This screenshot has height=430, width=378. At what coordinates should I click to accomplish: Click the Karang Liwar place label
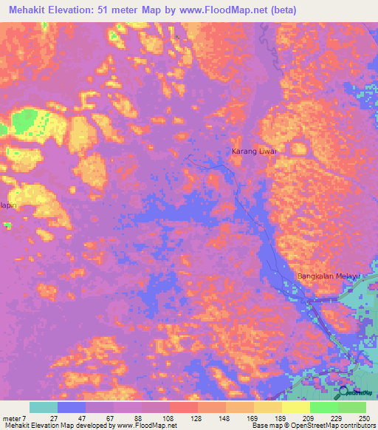[253, 151]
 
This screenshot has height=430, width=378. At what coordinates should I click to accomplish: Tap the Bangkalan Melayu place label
[327, 276]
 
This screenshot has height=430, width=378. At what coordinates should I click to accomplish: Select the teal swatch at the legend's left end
[44, 407]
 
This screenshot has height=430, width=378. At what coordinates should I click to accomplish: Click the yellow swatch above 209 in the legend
[296, 407]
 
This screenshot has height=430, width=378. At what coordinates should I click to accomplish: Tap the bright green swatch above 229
[324, 407]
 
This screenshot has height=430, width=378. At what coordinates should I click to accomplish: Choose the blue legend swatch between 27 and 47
[72, 407]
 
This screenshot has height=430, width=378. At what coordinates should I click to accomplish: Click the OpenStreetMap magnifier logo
[343, 393]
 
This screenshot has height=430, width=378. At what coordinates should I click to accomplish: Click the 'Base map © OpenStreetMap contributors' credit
[313, 426]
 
